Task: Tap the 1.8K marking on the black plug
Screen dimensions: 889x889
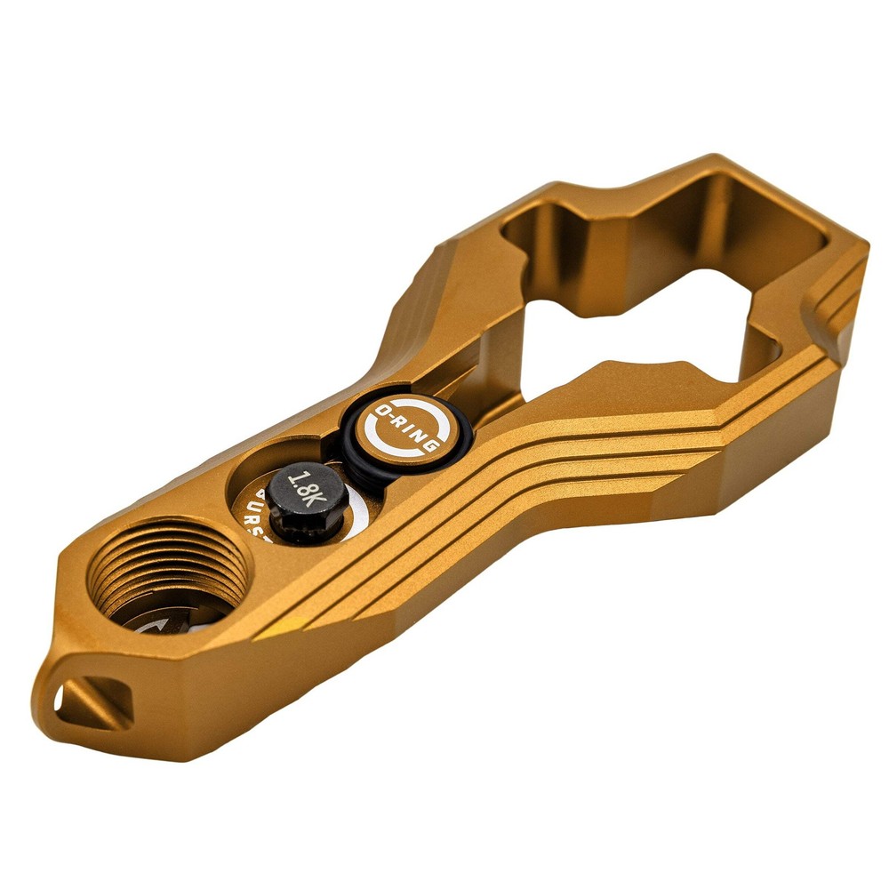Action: click(306, 489)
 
